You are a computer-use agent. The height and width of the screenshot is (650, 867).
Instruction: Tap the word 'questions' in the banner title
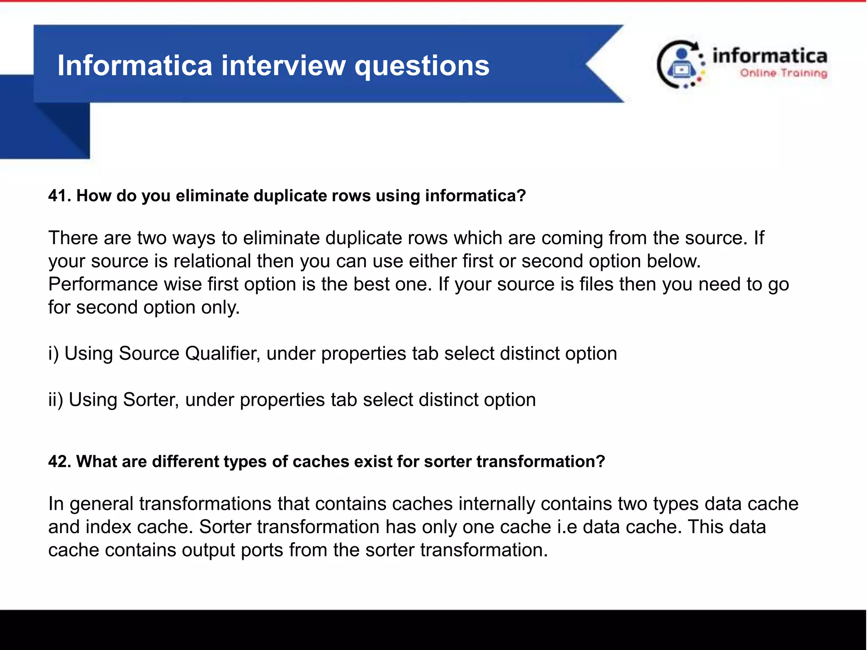tap(422, 66)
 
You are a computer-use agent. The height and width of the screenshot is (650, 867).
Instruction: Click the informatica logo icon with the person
tap(680, 64)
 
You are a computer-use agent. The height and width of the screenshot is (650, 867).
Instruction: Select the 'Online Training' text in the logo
tap(783, 73)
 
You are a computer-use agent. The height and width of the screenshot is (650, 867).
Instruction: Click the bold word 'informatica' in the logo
tap(770, 56)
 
